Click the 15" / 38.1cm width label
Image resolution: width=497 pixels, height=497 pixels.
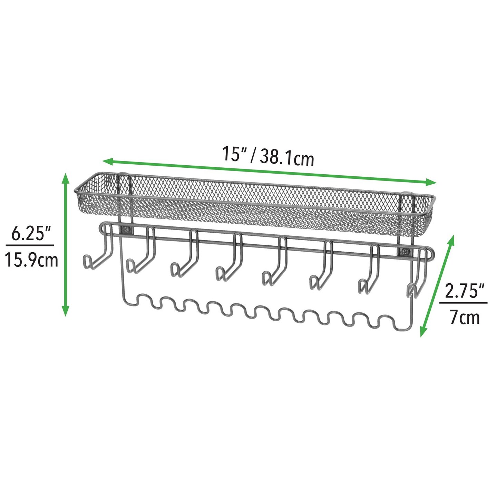[x=268, y=156]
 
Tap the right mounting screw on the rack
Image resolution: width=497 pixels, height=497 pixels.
[x=404, y=251]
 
